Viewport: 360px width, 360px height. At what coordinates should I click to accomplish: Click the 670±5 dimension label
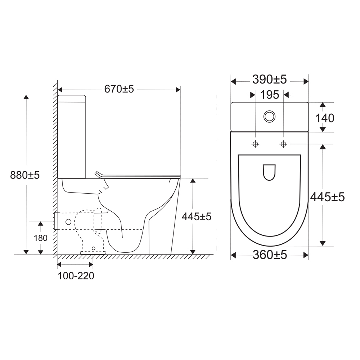[x=119, y=89]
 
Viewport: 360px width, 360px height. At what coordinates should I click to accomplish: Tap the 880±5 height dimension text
[x=25, y=175]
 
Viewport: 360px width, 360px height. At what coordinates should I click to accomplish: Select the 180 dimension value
[x=41, y=238]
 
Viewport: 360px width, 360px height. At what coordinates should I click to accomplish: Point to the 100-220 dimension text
[x=76, y=276]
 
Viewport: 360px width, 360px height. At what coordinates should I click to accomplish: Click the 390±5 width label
[x=270, y=80]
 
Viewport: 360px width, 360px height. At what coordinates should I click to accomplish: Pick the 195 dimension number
[x=270, y=95]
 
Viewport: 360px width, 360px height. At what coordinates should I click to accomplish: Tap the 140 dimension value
[x=325, y=118]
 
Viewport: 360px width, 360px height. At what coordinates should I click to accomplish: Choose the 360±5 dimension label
[x=270, y=255]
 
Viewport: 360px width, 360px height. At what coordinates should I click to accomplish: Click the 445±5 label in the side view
[x=197, y=216]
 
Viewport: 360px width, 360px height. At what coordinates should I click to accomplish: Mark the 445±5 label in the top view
[x=327, y=197]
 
